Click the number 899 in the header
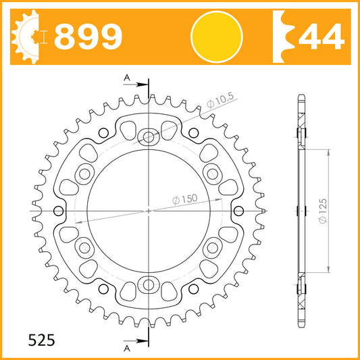coord(88,36)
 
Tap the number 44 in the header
coord(322,36)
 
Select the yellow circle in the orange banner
coord(217,36)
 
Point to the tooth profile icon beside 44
coord(283,36)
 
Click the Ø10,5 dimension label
coord(220,101)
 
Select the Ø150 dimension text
coord(184,199)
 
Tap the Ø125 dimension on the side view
coord(323,211)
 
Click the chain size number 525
coord(42,340)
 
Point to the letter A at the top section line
coord(127,78)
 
